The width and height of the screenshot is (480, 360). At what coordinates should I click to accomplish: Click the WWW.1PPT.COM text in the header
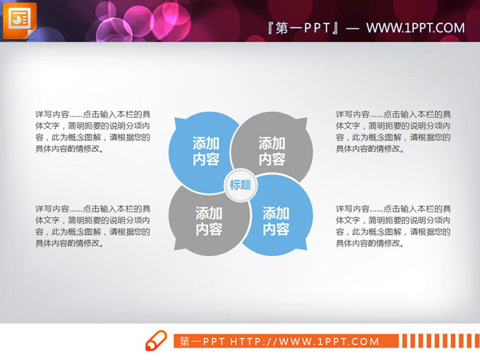coord(415,28)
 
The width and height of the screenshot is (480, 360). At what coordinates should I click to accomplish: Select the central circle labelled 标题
coord(240,185)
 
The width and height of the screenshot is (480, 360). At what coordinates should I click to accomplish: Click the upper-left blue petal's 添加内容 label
coord(206,151)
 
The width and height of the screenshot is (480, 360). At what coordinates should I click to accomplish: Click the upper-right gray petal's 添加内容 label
coord(272,151)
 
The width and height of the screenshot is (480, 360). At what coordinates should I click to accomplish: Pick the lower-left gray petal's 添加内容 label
coord(209,220)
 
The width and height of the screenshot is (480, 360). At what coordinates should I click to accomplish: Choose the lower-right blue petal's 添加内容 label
coord(276,220)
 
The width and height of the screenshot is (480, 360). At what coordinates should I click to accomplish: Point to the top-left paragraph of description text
coord(93,132)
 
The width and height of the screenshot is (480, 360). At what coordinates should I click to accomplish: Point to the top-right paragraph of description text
coord(393,132)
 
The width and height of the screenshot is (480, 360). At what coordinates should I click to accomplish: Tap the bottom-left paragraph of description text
coord(93,226)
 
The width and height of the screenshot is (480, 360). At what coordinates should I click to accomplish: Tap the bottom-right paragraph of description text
coord(393,226)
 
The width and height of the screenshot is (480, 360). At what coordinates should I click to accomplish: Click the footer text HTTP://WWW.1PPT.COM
coord(305,341)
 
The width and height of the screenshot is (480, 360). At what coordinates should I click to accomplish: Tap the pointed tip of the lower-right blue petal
coord(306,248)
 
